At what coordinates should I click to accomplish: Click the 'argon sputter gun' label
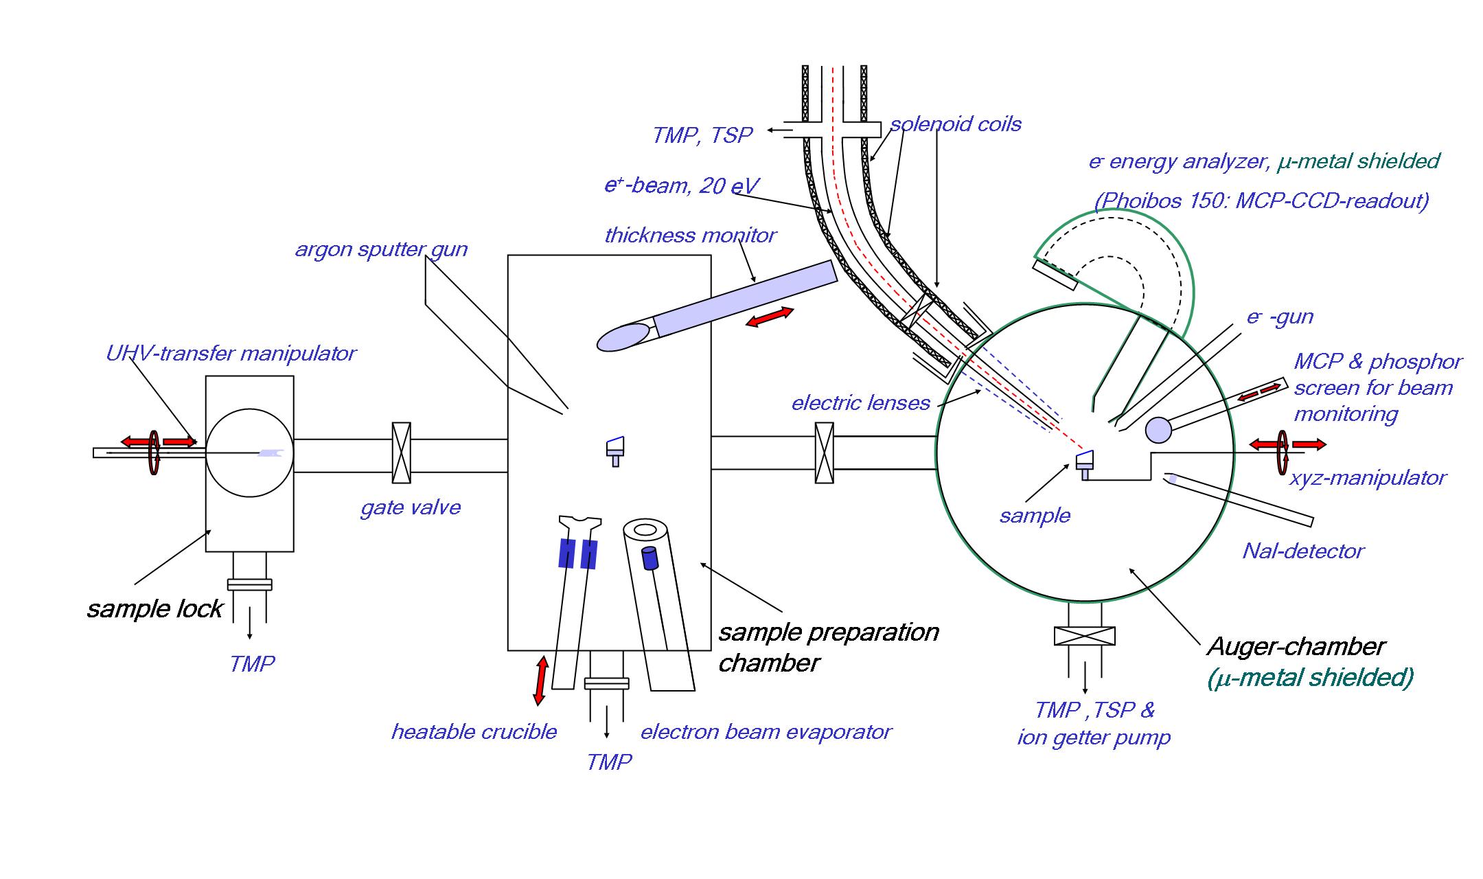point(381,249)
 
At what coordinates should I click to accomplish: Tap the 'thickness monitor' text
point(690,236)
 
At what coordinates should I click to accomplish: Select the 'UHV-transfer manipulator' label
point(231,354)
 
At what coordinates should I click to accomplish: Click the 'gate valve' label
point(411,508)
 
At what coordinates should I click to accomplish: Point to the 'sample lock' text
point(154,609)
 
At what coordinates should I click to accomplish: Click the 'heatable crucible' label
point(474,732)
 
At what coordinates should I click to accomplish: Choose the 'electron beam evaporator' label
point(766,732)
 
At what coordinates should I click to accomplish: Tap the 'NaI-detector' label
point(1303,551)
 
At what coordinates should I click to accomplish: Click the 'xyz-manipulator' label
point(1368,478)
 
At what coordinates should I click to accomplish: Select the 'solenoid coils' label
point(956,124)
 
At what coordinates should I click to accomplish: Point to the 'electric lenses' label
point(860,403)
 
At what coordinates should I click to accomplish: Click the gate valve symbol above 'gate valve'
point(401,453)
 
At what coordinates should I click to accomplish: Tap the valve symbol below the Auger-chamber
point(1084,636)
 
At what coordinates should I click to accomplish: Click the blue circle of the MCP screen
point(1159,430)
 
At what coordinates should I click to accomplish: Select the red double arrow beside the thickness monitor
point(770,317)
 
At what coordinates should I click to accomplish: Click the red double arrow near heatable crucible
point(541,681)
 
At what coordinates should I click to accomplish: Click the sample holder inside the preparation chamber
point(615,450)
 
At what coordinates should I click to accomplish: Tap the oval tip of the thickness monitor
point(623,337)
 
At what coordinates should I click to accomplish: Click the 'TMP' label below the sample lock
point(252,664)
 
